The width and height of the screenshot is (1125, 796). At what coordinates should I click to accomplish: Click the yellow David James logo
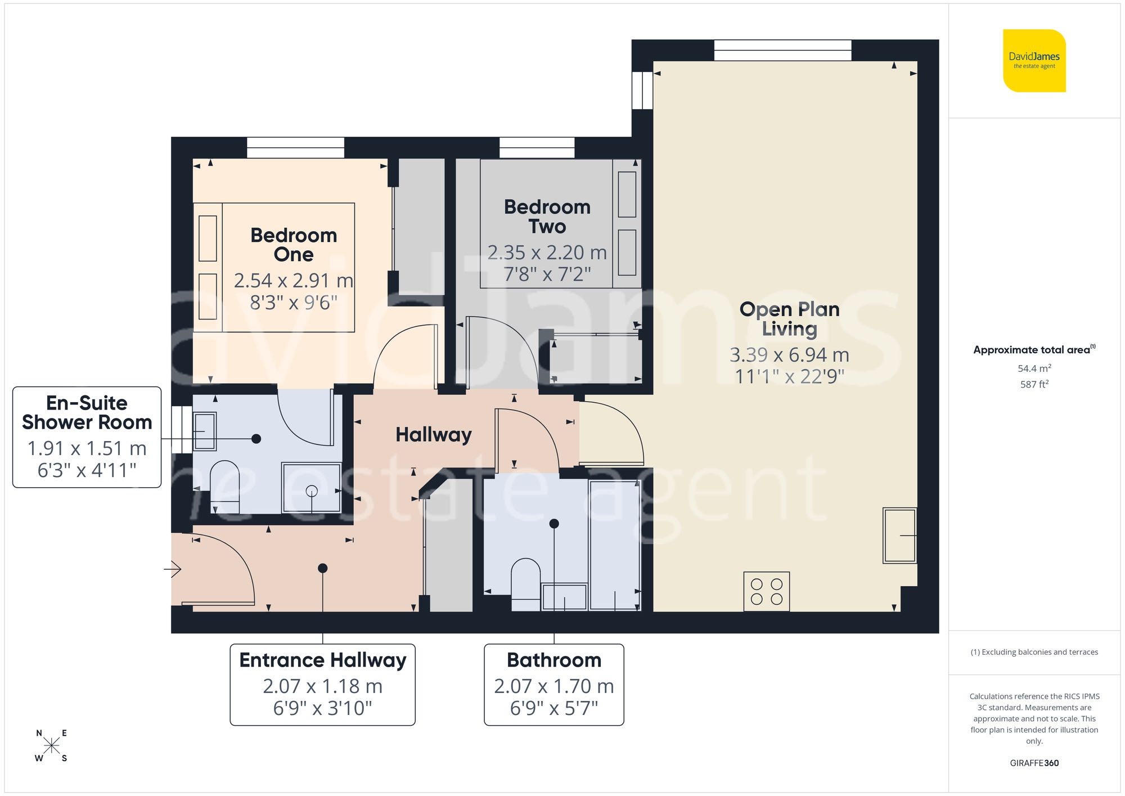1034,61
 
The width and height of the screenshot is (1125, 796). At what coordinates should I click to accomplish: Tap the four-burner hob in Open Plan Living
766,591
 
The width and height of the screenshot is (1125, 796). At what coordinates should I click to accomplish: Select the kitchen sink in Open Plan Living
899,535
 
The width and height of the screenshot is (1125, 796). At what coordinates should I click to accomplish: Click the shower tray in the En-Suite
311,488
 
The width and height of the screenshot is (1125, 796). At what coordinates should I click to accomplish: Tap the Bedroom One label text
294,245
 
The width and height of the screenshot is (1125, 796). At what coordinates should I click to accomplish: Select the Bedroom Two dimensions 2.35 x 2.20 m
547,253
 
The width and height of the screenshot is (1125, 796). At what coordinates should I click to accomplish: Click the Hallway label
433,435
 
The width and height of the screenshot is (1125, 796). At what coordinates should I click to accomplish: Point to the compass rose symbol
51,746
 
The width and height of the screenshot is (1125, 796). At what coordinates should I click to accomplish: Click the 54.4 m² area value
1034,368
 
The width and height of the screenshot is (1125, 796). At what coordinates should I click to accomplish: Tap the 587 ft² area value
1034,384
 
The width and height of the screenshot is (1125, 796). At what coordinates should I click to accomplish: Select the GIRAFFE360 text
1034,763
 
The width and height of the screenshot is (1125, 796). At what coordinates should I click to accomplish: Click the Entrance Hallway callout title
322,660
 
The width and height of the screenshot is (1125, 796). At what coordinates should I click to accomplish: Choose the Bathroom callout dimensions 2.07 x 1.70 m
553,686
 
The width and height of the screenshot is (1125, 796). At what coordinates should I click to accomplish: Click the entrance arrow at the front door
173,569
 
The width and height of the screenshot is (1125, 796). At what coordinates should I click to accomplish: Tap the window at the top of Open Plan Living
782,50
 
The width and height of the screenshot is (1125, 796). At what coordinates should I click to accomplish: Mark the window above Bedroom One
295,148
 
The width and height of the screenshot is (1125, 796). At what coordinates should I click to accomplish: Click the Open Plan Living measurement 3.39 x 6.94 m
789,355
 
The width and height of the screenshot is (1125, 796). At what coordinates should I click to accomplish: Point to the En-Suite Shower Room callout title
87,412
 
